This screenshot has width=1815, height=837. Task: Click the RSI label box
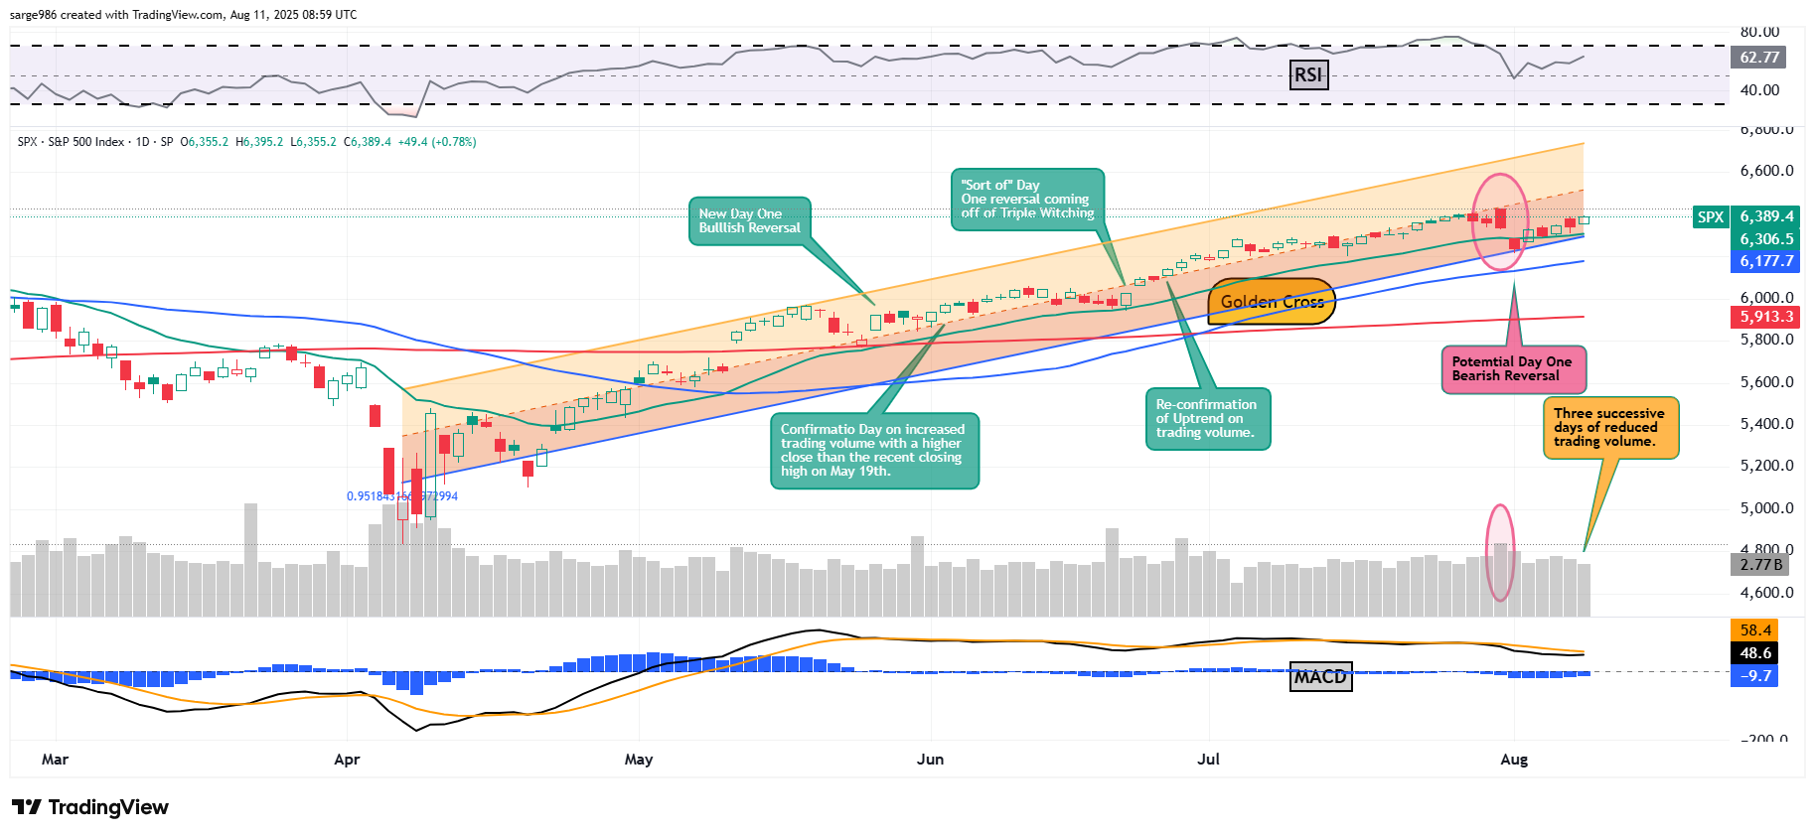[1308, 75]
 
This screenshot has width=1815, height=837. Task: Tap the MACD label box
[1320, 677]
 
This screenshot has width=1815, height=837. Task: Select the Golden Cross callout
[1272, 302]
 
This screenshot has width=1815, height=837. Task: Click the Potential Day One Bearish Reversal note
[1513, 369]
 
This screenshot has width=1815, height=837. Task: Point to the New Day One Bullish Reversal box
[750, 221]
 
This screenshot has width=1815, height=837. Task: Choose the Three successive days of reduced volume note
[1610, 428]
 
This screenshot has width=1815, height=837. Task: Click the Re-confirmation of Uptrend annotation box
[1207, 419]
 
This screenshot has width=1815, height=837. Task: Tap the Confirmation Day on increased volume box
[873, 451]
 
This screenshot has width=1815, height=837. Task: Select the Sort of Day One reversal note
[1027, 200]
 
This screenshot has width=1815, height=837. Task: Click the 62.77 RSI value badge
[1759, 58]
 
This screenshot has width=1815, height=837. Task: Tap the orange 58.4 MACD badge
[1755, 630]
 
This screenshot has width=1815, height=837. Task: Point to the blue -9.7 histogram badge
[1755, 676]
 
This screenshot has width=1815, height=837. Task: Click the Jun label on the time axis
[930, 760]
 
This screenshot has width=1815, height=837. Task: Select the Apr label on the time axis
[347, 760]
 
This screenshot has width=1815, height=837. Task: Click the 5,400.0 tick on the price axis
[1766, 424]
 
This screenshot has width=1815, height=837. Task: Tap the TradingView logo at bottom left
[90, 807]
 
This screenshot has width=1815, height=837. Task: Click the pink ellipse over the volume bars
[1499, 552]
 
